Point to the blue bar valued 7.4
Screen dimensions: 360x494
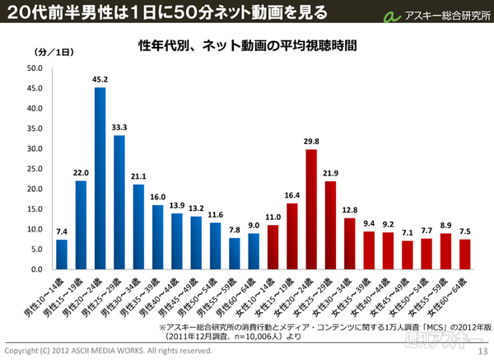pos(62,255)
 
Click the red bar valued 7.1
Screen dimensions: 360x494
pos(407,255)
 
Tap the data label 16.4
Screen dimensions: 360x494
pos(291,195)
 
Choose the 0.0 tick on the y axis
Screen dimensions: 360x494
pos(37,269)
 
